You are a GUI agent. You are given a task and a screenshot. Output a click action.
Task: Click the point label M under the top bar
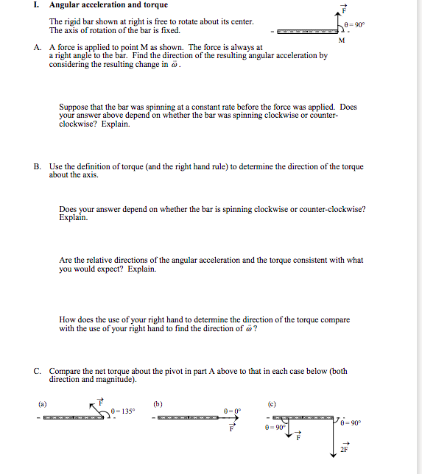point(341,40)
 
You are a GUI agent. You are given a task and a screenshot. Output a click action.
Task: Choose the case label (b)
point(158,403)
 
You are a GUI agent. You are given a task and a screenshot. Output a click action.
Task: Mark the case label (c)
point(272,403)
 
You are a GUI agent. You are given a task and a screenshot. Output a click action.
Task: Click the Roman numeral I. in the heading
point(37,5)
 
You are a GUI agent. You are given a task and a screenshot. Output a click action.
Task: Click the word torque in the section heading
point(155,5)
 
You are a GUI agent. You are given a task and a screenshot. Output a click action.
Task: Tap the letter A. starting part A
point(38,47)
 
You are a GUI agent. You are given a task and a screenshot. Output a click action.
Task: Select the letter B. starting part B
point(38,167)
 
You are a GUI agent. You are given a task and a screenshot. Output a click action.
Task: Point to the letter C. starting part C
point(38,372)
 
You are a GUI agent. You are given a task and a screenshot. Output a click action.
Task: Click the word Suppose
point(73,107)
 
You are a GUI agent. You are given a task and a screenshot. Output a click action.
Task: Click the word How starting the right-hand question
point(66,320)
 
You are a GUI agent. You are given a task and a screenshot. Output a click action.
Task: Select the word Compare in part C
point(64,372)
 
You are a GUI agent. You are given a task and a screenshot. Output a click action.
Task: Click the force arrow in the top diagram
point(341,21)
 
